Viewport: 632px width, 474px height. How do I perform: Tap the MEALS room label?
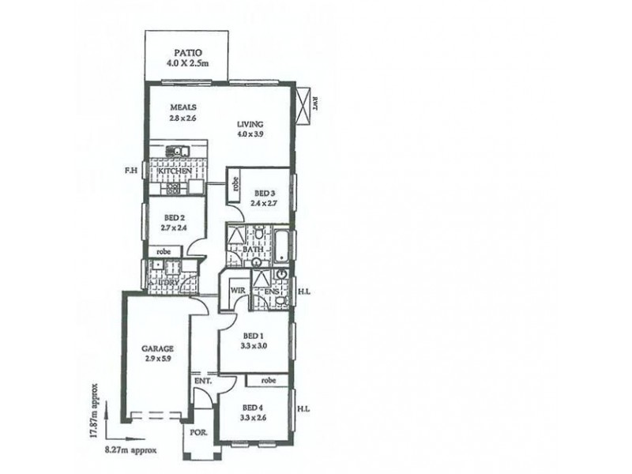point(182,107)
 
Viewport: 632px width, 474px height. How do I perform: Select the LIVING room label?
point(250,124)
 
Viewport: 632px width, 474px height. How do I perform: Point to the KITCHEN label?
point(175,171)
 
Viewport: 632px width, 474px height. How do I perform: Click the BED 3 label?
point(265,193)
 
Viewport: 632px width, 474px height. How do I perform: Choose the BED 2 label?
point(175,217)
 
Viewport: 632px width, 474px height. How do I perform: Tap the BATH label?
point(253,250)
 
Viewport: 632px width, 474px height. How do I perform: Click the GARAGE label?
point(157,348)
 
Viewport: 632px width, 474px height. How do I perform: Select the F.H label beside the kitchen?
point(131,169)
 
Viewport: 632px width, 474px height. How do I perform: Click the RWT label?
point(314,103)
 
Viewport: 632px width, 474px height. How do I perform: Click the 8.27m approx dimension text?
point(131,451)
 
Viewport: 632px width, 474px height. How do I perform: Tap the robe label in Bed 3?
point(235,185)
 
